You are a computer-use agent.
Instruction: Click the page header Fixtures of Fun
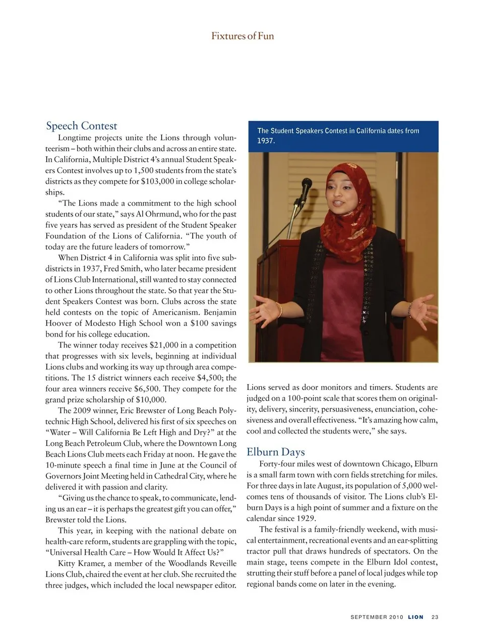(x=243, y=36)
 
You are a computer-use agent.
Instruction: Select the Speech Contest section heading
(x=81, y=125)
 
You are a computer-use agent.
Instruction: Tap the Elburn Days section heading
(x=275, y=452)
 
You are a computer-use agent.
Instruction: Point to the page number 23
(x=435, y=617)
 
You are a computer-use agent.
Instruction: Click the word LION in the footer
(x=415, y=617)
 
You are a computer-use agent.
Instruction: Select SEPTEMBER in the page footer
(x=369, y=617)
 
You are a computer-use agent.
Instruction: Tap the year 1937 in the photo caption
(x=266, y=141)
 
